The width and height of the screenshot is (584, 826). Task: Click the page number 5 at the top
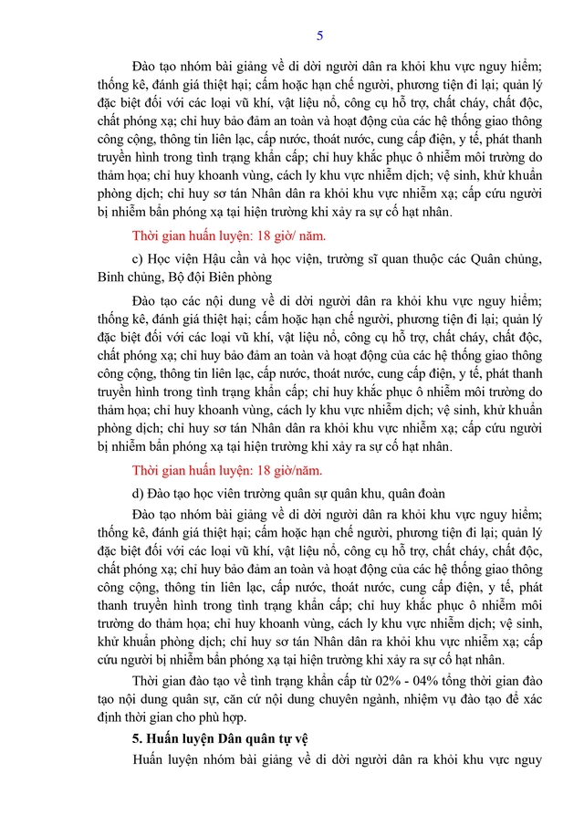pyautogui.click(x=319, y=36)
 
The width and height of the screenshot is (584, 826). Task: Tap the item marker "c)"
pyautogui.click(x=139, y=258)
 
